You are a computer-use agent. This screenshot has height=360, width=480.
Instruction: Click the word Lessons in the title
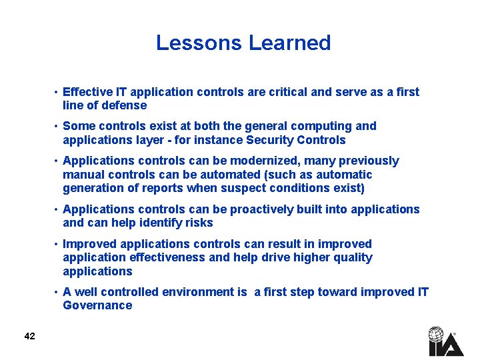coord(199,43)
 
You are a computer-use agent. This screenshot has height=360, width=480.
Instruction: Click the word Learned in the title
coord(289,43)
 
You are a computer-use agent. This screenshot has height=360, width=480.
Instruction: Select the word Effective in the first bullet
coord(87,92)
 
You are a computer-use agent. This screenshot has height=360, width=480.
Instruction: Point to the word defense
coord(125,105)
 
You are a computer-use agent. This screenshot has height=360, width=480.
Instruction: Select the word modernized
coord(297,161)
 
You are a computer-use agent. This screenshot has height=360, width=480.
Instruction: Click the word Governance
coord(97,305)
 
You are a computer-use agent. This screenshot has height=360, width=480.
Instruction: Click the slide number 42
coord(29,336)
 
